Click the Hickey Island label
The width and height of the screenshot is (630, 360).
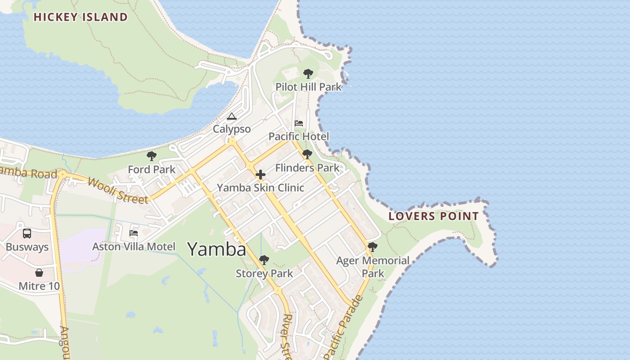(x=81, y=18)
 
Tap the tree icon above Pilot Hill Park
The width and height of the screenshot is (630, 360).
(x=308, y=74)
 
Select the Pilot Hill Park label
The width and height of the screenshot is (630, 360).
(x=309, y=87)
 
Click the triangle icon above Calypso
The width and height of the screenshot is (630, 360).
(x=232, y=117)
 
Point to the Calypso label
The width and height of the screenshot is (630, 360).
(x=232, y=129)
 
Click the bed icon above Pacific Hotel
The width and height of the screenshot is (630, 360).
(x=299, y=123)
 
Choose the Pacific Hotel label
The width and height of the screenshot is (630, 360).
(x=299, y=136)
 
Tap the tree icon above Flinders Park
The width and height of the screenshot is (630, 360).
(x=307, y=155)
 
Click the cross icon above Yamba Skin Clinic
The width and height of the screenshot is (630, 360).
(x=261, y=175)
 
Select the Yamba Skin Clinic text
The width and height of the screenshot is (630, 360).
(x=261, y=188)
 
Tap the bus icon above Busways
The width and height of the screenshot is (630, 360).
(x=27, y=234)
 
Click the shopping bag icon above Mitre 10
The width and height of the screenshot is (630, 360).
(x=39, y=273)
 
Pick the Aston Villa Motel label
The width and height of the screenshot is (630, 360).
(x=134, y=247)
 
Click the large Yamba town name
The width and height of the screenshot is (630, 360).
(x=216, y=249)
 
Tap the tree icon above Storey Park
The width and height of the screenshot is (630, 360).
(x=264, y=260)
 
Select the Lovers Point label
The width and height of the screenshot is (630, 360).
(x=433, y=216)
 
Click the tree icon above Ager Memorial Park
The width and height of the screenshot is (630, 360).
(x=373, y=247)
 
